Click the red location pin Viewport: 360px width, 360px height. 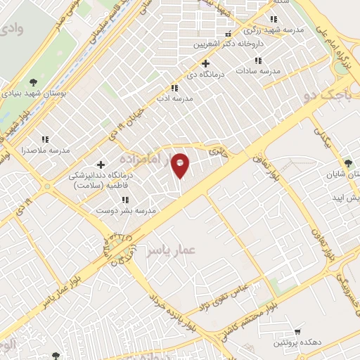click(x=181, y=165)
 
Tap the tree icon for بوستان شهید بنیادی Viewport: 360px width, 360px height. click(x=33, y=82)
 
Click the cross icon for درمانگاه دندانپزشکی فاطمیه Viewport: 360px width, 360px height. click(x=101, y=165)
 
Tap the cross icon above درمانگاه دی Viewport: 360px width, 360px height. click(x=205, y=63)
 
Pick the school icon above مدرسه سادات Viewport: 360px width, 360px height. click(x=259, y=60)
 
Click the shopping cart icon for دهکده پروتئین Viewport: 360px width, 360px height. click(x=297, y=330)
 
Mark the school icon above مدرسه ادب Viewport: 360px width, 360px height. click(x=174, y=88)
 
